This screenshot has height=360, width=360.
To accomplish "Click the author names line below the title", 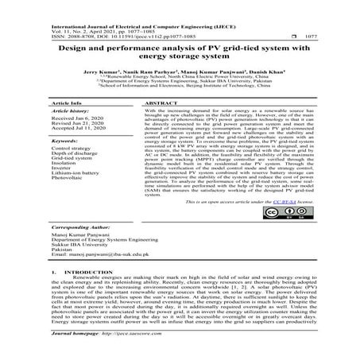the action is tap(180, 81).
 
